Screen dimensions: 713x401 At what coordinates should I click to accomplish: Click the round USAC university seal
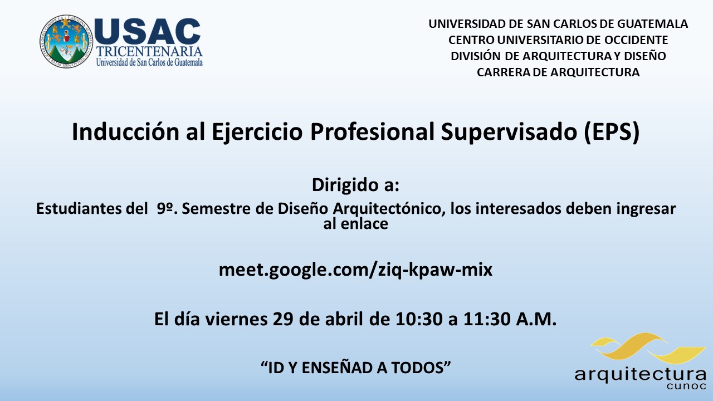click(66, 41)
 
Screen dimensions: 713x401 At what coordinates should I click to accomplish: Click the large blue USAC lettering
click(148, 32)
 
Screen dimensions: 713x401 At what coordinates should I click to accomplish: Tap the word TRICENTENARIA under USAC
click(149, 52)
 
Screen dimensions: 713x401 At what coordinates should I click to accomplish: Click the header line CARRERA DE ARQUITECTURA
click(558, 72)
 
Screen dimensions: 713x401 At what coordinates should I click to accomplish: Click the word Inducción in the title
click(126, 131)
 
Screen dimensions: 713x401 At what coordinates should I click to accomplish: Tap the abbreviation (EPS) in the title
click(612, 132)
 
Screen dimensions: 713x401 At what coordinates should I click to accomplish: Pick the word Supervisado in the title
click(509, 132)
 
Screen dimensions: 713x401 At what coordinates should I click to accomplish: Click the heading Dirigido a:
click(355, 185)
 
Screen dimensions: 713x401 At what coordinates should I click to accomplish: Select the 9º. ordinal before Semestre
click(167, 209)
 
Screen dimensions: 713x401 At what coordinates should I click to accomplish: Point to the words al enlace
click(356, 224)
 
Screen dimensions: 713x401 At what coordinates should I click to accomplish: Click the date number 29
click(282, 319)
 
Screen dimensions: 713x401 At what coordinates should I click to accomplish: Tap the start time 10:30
click(419, 319)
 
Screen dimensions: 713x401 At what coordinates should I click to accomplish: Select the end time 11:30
click(487, 319)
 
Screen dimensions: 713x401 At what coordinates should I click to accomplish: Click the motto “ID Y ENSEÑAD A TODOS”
click(355, 368)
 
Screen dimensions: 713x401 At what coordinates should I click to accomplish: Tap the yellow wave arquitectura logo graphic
click(648, 349)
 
